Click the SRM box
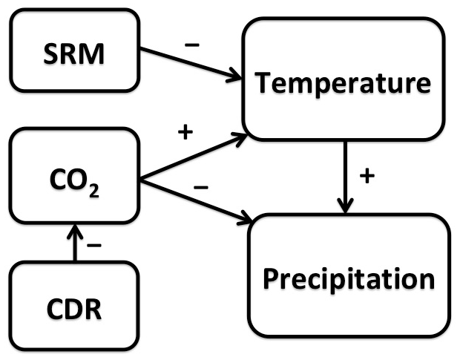[x=73, y=53]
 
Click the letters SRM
[x=73, y=54]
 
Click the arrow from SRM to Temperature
[x=191, y=64]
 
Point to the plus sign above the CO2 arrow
[x=185, y=133]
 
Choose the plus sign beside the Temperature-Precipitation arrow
[x=365, y=177]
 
